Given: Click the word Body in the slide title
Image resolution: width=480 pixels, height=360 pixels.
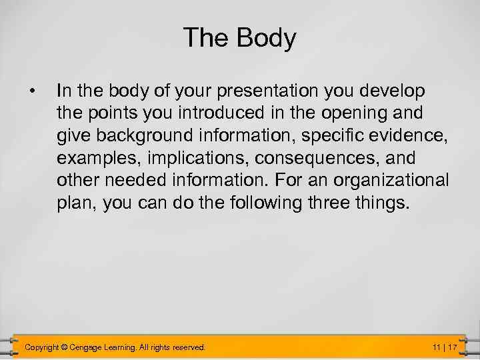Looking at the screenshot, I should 267,39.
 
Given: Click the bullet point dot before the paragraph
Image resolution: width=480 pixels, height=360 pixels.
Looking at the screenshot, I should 31,89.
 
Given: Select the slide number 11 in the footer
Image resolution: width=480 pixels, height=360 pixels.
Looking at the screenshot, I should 437,347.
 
